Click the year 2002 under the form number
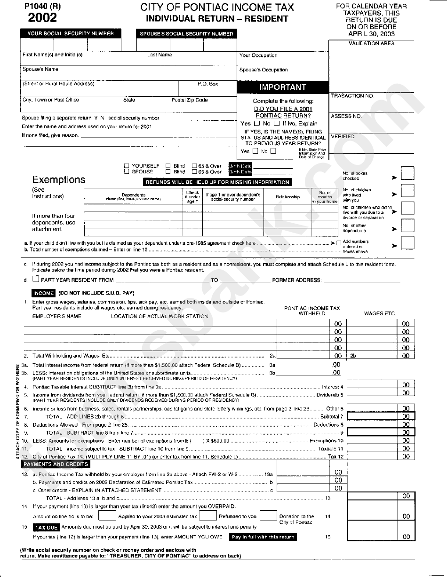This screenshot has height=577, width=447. coord(42,18)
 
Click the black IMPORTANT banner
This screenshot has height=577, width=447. coord(282,87)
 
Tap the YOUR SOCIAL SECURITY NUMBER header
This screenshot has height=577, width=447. coord(71,34)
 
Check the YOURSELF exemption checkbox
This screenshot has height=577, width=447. coord(127,166)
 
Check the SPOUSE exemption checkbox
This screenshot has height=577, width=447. coord(127,172)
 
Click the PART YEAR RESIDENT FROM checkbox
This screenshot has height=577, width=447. coord(36,279)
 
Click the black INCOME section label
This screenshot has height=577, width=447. coord(44,293)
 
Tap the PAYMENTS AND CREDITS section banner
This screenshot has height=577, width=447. coord(56,464)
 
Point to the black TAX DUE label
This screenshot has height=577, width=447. coord(46,527)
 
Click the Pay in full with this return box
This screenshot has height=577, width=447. coord(263,537)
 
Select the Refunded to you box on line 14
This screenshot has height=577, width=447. coord(207,515)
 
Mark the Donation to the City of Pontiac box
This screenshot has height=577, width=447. coord(268,515)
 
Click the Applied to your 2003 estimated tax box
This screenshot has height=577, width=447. coord(108,515)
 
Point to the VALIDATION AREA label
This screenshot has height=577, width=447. coord(371,44)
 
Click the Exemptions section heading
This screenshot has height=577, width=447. coord(59,179)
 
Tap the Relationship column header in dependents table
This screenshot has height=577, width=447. coord(287,197)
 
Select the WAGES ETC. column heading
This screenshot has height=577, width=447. coord(380,313)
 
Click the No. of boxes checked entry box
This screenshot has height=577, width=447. coord(407,173)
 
